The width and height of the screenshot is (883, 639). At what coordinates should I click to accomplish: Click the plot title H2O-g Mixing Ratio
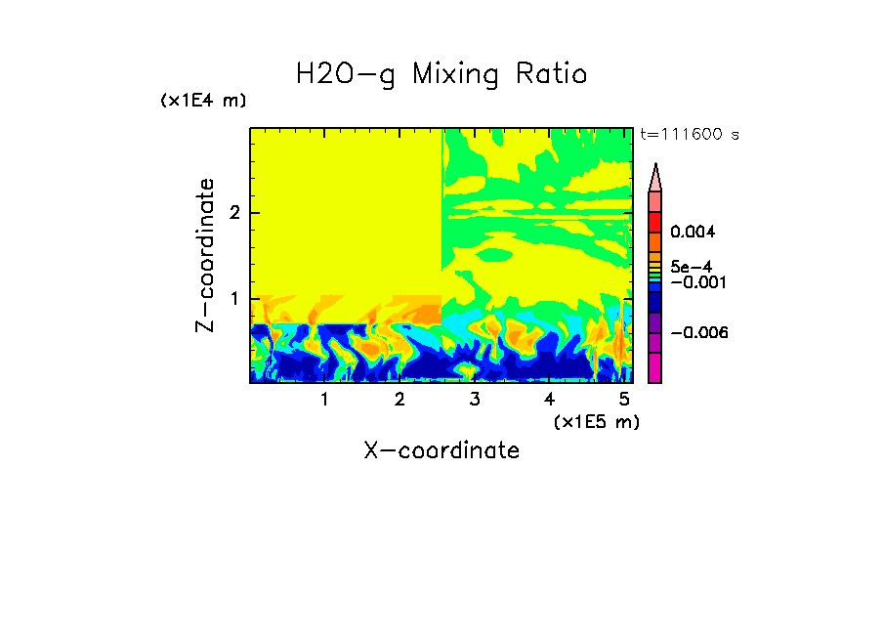441,74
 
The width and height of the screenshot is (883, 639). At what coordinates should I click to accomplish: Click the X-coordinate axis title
441,450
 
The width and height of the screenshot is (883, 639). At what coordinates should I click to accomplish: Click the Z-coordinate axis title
205,255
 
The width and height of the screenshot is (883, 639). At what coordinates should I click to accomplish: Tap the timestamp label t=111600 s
690,134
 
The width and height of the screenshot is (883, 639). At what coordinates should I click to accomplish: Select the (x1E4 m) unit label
203,101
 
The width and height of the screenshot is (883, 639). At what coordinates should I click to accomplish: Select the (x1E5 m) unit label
596,421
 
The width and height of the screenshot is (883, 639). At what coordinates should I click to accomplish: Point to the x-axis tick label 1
324,400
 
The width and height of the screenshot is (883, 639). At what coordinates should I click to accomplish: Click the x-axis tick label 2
399,400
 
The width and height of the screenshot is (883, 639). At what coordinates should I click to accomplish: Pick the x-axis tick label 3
475,400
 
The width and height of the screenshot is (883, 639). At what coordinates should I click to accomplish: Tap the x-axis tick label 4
550,400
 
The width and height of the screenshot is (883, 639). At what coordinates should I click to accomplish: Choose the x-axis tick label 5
625,400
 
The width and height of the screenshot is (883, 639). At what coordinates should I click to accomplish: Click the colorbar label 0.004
693,233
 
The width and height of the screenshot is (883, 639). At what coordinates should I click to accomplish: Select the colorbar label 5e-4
691,267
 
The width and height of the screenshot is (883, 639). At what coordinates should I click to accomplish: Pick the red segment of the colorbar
655,221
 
